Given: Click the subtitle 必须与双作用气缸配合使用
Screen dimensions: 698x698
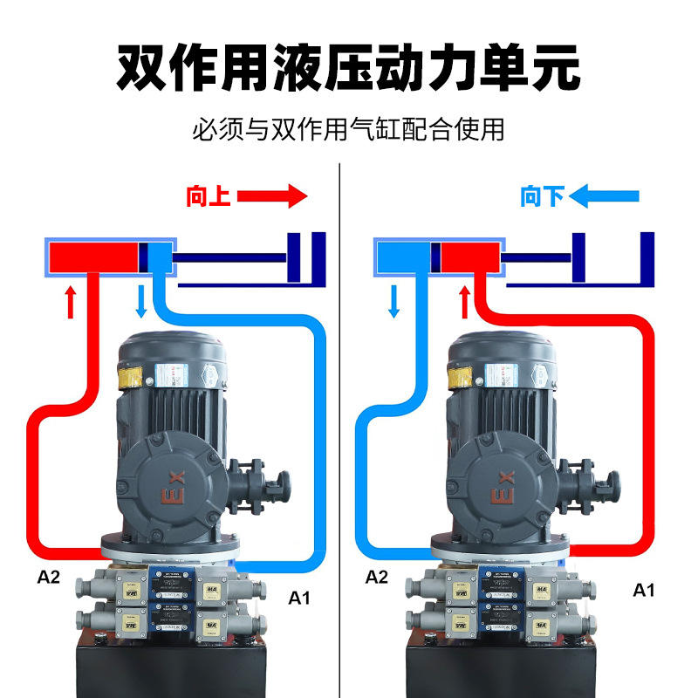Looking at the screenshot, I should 348,131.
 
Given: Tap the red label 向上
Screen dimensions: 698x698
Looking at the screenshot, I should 208,197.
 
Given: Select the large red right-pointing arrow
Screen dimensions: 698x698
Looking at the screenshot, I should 272,196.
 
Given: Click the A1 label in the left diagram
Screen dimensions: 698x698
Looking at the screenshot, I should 300,599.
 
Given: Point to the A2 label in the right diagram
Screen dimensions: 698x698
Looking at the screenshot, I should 377,577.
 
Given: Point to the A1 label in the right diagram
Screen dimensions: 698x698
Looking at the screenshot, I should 643,591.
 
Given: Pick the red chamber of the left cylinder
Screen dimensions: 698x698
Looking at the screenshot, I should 93,257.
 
